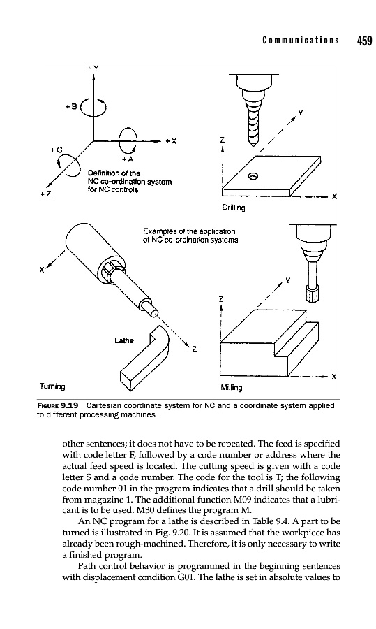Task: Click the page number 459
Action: click(x=364, y=41)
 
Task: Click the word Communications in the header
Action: click(x=301, y=41)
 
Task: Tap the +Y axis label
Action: click(x=93, y=68)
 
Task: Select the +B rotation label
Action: click(x=72, y=107)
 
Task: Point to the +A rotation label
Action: click(x=128, y=159)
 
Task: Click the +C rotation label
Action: click(x=57, y=150)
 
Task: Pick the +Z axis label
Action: click(x=45, y=195)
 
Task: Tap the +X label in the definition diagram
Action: click(x=171, y=141)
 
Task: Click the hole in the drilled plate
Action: click(x=253, y=175)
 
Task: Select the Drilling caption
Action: click(x=234, y=208)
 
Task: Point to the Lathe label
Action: click(x=124, y=340)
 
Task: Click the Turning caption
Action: click(x=52, y=386)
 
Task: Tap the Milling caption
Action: click(x=232, y=387)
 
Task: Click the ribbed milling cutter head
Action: click(x=313, y=294)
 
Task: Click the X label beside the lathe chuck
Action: click(x=41, y=270)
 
